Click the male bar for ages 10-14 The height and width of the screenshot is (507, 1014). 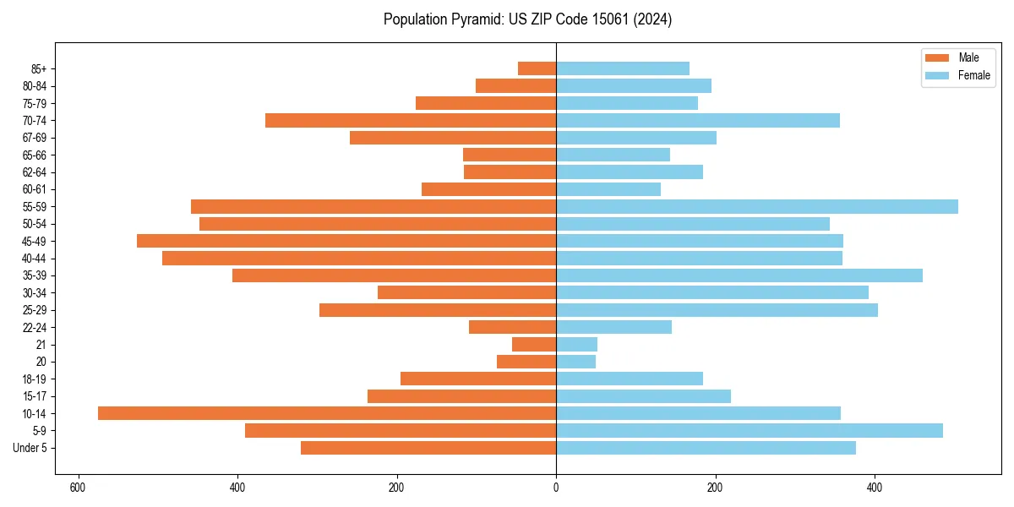point(327,413)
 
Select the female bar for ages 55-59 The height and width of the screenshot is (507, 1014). point(757,206)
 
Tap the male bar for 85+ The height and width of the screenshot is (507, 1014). point(537,68)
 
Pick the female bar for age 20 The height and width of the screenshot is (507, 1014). point(575,362)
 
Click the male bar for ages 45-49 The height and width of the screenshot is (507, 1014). point(346,241)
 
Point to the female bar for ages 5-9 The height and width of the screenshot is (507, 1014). point(750,430)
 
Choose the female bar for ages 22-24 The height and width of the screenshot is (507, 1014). point(613,327)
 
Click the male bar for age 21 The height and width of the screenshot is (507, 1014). point(534,344)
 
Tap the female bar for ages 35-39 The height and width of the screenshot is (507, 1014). point(739,275)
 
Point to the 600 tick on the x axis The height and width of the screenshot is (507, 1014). point(78,488)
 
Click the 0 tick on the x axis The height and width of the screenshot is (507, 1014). point(556,488)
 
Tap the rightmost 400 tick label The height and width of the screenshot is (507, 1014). point(875,488)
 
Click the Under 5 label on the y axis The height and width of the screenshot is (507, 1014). point(30,448)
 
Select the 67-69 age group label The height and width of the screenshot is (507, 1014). point(35,138)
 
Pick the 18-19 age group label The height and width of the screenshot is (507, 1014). point(35,379)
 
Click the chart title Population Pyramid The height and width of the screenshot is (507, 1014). point(527,19)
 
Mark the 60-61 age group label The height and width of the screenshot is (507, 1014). point(35,189)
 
